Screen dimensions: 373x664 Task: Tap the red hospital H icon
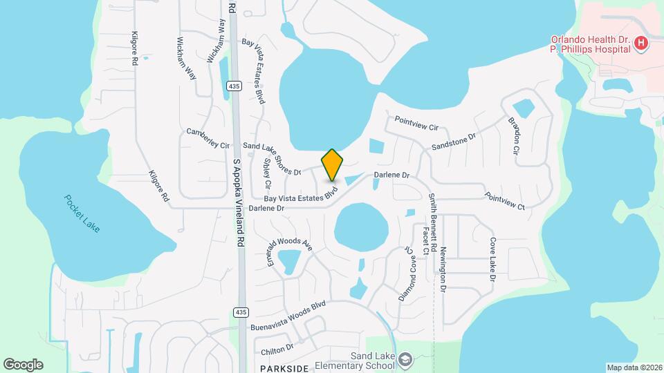pos(642,44)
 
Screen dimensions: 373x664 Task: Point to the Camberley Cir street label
pos(207,137)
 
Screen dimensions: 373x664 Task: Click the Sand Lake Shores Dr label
pos(273,159)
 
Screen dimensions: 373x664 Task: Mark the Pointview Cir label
pos(416,123)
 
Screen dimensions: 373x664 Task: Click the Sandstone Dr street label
pos(454,142)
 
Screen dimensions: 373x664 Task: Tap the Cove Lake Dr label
pos(493,259)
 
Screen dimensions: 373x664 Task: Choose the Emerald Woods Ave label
pos(290,240)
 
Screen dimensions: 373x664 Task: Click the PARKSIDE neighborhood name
pos(284,368)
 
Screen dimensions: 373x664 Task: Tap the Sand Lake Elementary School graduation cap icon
pos(405,359)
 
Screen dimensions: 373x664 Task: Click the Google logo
pos(23,364)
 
